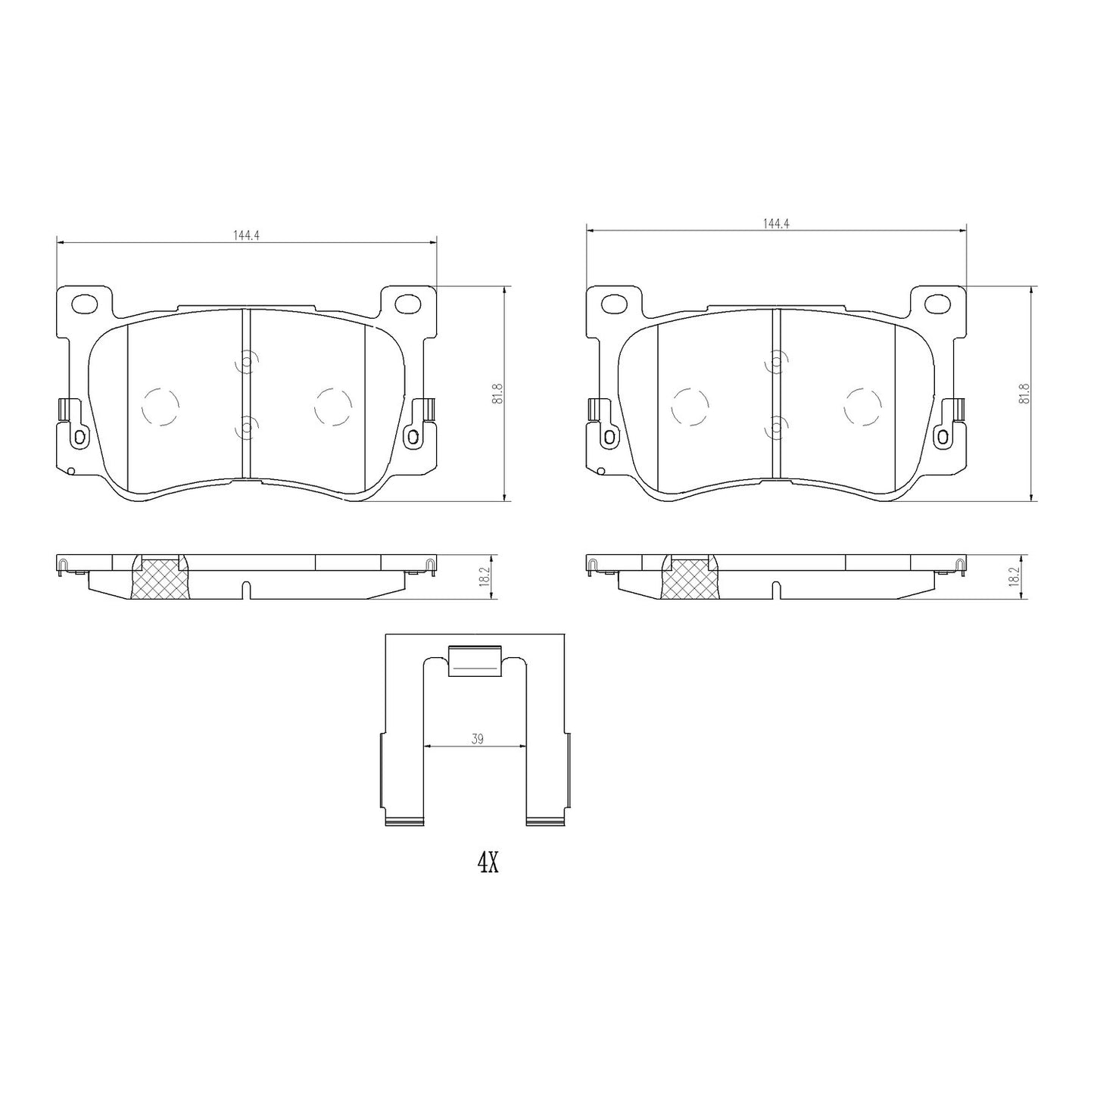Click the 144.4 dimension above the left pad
246,235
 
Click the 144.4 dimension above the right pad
776,223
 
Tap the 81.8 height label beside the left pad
498,394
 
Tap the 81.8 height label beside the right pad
1025,394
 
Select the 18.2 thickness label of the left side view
485,578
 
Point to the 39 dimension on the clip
477,739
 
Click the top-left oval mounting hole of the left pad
86,304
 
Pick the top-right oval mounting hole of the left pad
407,304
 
